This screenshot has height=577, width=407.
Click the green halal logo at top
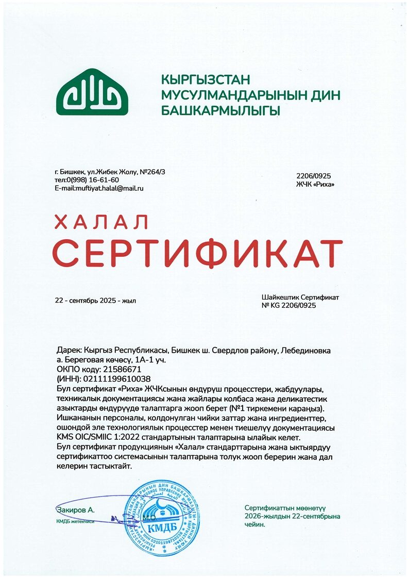tap(92, 92)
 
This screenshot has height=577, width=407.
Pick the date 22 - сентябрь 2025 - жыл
tap(96, 300)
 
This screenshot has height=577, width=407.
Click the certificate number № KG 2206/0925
tap(289, 306)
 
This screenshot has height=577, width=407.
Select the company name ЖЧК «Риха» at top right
tap(312, 184)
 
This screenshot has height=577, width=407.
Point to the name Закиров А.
tap(76, 510)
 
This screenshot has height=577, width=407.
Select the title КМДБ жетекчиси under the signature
tap(75, 521)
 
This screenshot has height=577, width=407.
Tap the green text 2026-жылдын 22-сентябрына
tap(293, 516)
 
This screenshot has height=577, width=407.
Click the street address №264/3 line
tap(110, 171)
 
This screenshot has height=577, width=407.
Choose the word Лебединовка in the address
tap(306, 350)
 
